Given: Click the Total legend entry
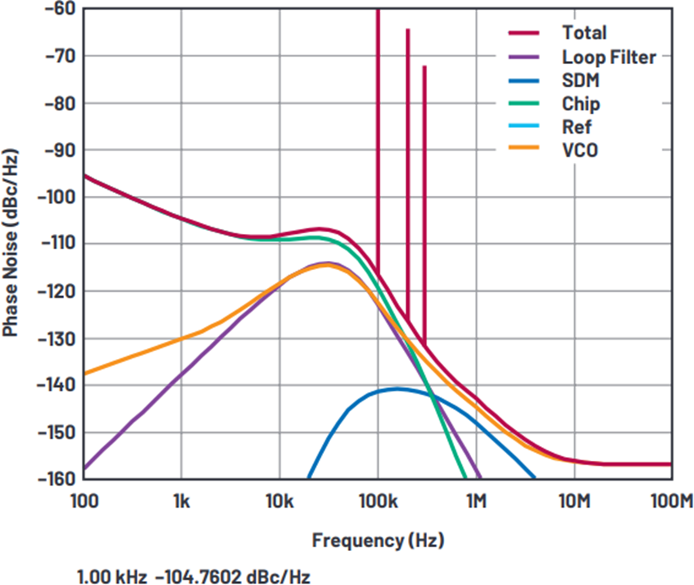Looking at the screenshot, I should [584, 32].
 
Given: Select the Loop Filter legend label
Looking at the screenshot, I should [608, 56].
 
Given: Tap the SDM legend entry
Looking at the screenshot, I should [581, 80].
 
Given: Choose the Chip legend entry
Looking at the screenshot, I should [581, 103].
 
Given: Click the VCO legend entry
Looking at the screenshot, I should [580, 150].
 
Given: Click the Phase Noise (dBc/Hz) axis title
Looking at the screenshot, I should [11, 244].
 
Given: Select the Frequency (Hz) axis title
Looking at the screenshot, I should [378, 540].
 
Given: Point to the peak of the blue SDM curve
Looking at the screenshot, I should [397, 389].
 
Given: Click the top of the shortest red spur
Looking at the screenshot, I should [424, 67].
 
